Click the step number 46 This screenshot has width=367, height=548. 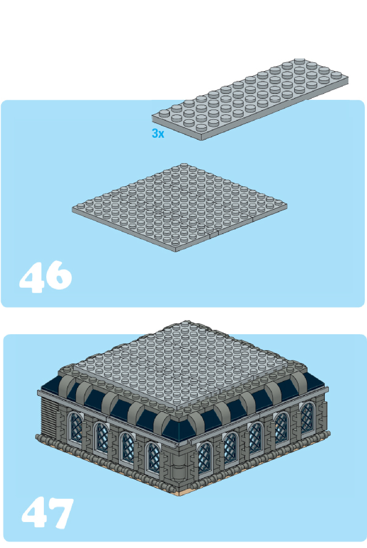(45, 276)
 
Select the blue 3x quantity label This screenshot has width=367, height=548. (158, 133)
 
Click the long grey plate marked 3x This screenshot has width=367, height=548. (250, 99)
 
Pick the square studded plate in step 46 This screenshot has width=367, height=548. (179, 207)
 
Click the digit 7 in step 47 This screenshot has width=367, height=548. (61, 513)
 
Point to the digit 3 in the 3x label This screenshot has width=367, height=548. (155, 133)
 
